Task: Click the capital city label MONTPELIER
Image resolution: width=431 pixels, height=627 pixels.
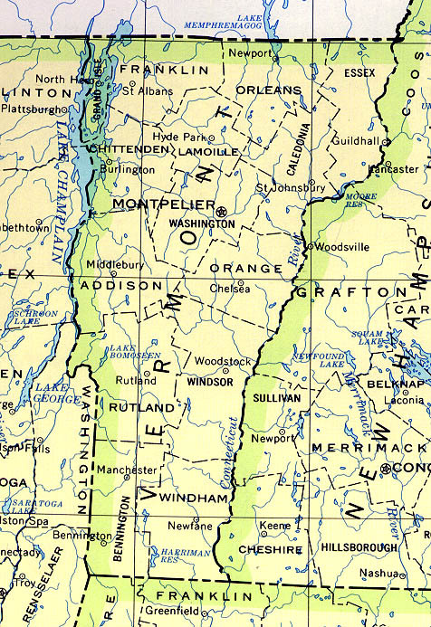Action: tap(164, 205)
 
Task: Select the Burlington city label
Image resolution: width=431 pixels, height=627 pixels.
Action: tap(127, 169)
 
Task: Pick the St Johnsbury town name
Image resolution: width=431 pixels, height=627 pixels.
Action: tap(290, 187)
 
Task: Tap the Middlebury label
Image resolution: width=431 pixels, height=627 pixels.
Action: tap(115, 264)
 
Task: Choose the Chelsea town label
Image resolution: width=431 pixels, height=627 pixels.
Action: tap(230, 289)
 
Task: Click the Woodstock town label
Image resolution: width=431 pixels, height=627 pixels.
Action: tap(223, 361)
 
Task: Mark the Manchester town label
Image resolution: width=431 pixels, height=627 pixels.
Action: tap(128, 470)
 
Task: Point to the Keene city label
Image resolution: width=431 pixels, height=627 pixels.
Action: tap(276, 526)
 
